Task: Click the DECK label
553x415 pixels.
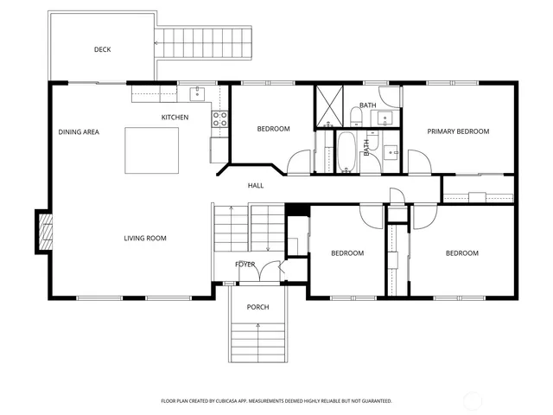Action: tap(102, 49)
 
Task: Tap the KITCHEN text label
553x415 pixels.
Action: tap(175, 117)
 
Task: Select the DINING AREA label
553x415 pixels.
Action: tap(79, 131)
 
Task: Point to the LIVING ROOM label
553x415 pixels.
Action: tap(144, 238)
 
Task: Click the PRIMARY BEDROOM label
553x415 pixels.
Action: tap(459, 131)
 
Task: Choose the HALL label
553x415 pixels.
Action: tap(256, 185)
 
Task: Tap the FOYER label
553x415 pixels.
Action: tap(245, 264)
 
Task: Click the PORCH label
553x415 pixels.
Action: tap(257, 307)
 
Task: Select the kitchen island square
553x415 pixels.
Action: tap(152, 150)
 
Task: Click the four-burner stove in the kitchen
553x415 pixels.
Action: tap(219, 118)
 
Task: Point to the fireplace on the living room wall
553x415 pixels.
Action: tap(42, 232)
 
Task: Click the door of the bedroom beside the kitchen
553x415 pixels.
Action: tap(299, 162)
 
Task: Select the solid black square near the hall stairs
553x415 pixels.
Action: tap(296, 209)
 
